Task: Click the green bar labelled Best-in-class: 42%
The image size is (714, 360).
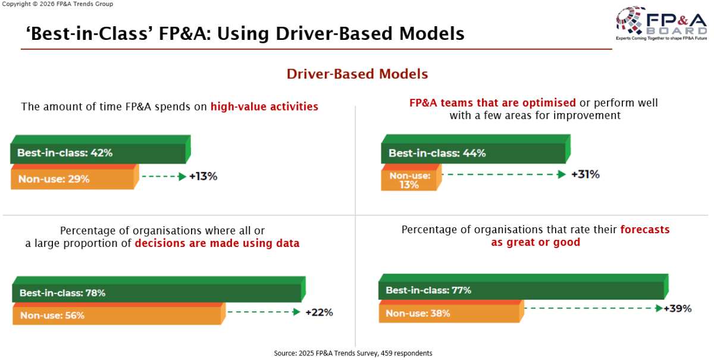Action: click(x=101, y=149)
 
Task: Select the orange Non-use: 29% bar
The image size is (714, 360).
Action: click(x=75, y=177)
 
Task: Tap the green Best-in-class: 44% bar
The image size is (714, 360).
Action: click(x=475, y=149)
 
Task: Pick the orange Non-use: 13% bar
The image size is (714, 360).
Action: click(x=411, y=177)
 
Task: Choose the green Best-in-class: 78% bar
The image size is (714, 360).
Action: click(x=159, y=290)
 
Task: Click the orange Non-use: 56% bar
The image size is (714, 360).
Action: click(x=119, y=314)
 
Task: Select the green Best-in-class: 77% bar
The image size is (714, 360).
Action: click(x=524, y=287)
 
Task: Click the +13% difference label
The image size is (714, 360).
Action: click(x=203, y=176)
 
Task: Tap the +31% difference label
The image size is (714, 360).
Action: click(x=585, y=174)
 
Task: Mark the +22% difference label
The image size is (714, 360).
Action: click(x=319, y=312)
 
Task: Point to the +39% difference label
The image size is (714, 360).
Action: click(x=678, y=309)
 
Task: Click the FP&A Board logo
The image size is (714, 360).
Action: click(x=662, y=23)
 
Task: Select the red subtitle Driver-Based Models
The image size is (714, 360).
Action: click(x=357, y=74)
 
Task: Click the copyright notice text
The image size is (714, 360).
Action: click(x=57, y=4)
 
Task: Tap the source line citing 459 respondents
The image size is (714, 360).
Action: click(x=353, y=353)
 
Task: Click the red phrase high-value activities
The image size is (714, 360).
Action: click(x=264, y=107)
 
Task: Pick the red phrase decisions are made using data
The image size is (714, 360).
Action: click(x=217, y=243)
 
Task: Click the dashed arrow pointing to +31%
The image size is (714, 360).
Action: click(x=504, y=174)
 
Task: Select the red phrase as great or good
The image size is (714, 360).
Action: click(x=535, y=242)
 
